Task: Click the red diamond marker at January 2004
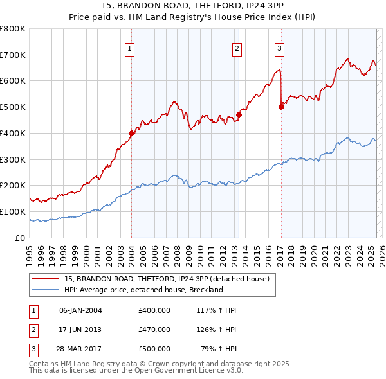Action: pos(131,134)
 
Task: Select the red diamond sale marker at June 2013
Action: pos(239,115)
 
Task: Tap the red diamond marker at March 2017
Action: pos(281,107)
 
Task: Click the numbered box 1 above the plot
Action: pos(130,48)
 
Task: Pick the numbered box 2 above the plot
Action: pos(237,48)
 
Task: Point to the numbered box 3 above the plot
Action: pos(280,48)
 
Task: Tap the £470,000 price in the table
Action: pos(154,330)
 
